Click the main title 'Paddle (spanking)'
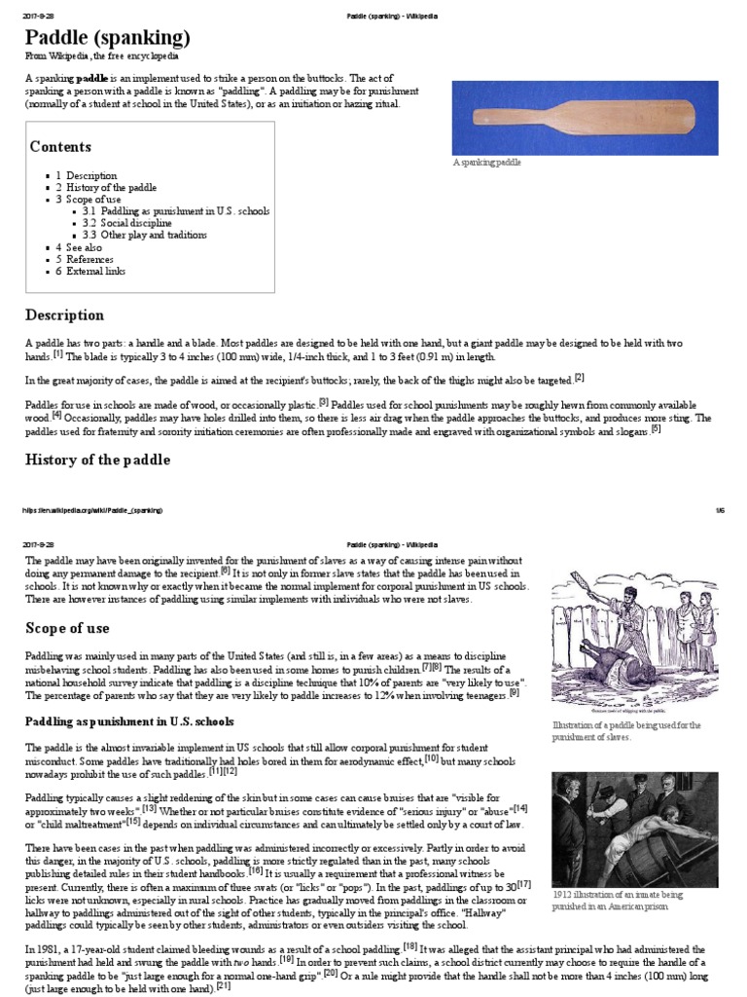[107, 38]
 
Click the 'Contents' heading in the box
[60, 147]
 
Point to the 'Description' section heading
[64, 315]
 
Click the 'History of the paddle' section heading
[97, 460]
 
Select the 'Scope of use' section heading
[68, 628]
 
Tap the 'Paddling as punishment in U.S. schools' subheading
[130, 720]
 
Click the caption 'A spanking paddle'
[487, 163]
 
